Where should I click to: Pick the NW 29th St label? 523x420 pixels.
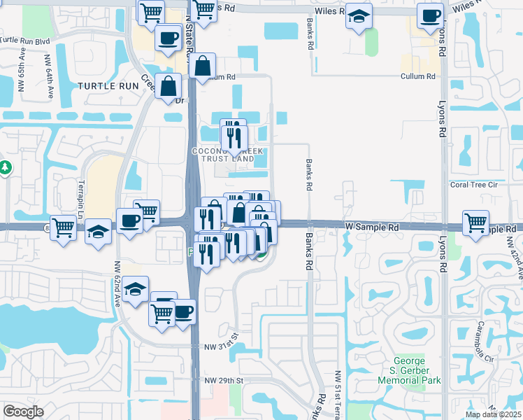[223, 380]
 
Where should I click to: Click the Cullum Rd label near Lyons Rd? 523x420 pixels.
[418, 76]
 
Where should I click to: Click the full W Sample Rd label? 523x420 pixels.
[371, 227]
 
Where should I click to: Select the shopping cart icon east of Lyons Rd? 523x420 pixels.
[476, 223]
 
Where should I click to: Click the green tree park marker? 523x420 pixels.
[5, 168]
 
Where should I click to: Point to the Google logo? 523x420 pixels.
[23, 412]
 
